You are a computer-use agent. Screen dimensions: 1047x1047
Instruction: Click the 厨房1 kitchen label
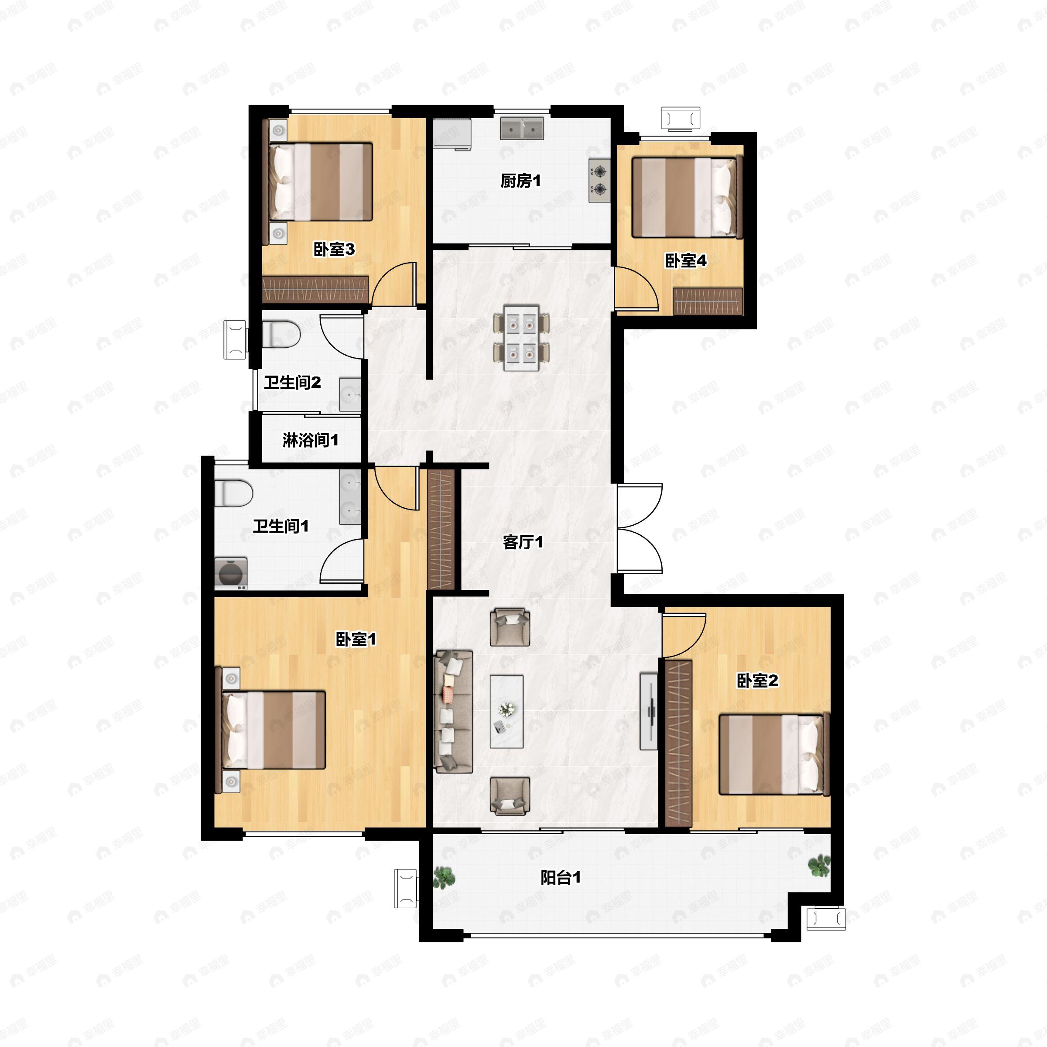coord(520,181)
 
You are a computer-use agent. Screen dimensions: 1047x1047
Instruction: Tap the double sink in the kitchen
coord(521,129)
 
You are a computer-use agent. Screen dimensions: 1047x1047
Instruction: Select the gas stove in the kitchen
coord(599,181)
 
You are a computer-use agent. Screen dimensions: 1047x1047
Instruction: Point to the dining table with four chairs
coord(521,338)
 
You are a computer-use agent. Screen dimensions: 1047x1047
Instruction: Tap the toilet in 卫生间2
coord(282,334)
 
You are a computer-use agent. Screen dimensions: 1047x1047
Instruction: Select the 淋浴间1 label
coord(311,440)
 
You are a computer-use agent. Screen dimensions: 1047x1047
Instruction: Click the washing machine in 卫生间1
coord(231,573)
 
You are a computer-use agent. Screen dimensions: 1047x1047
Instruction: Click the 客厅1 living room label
coord(523,542)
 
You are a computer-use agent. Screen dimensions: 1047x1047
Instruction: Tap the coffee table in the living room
coord(506,712)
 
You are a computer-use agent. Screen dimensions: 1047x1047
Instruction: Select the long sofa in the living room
coord(453,712)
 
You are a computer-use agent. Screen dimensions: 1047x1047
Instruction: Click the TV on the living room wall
coord(649,712)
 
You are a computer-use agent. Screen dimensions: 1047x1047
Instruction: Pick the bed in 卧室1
coord(274,729)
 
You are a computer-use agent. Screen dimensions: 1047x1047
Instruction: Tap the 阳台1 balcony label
coord(560,877)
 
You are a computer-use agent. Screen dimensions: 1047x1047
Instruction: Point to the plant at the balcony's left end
coord(444,876)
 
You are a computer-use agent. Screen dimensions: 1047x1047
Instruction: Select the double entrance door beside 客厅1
coord(640,528)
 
